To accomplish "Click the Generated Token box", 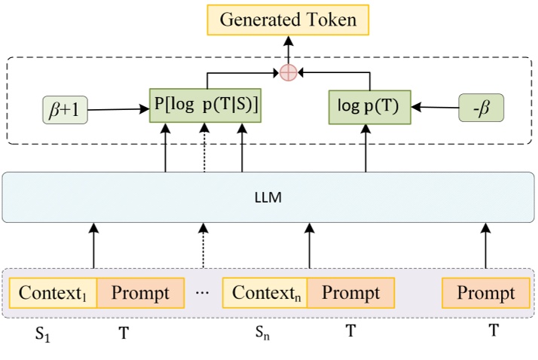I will pos(288,20).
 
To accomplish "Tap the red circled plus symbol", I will pos(288,72).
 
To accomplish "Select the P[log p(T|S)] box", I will pos(206,108).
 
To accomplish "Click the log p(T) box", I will pos(369,107).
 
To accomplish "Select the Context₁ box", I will pos(53,292).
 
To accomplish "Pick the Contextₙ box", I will pos(264,292).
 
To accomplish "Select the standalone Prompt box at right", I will pos(485,293).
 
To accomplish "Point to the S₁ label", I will pos(43,333).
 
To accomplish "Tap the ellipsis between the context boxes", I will pos(203,292).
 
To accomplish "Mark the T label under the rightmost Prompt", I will pos(494,330).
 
